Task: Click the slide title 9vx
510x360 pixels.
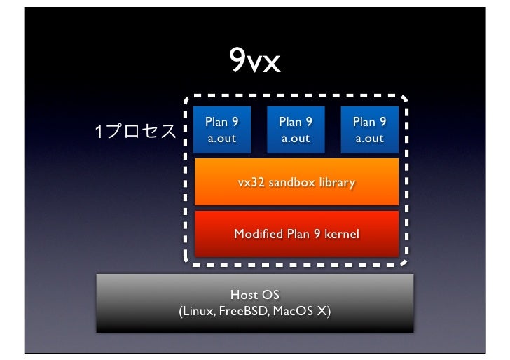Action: pyautogui.click(x=256, y=63)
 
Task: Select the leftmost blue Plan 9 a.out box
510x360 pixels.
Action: pyautogui.click(x=221, y=130)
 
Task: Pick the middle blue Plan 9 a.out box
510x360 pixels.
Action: pyautogui.click(x=296, y=130)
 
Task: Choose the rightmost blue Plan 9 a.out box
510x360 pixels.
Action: pyautogui.click(x=369, y=130)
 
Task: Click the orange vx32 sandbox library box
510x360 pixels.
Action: pyautogui.click(x=296, y=182)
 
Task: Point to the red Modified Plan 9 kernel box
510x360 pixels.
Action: pyautogui.click(x=296, y=234)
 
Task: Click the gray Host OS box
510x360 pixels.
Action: pyautogui.click(x=255, y=302)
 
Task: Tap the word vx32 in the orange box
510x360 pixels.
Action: pyautogui.click(x=249, y=183)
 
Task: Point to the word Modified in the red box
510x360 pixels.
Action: pyautogui.click(x=257, y=234)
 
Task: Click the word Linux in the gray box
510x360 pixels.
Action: pyautogui.click(x=198, y=311)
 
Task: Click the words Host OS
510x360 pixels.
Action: pyautogui.click(x=255, y=295)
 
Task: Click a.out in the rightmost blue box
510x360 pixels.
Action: pyautogui.click(x=369, y=139)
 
